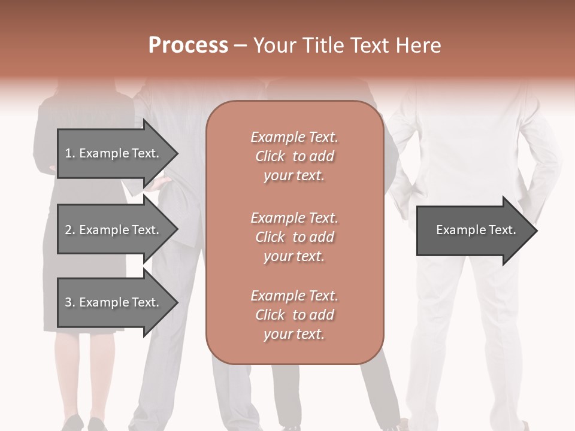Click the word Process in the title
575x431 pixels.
(188, 45)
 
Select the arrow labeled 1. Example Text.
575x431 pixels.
(114, 153)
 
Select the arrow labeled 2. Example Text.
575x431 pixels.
(114, 230)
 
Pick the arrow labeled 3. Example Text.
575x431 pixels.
(114, 302)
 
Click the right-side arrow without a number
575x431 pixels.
(473, 230)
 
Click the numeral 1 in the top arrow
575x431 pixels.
(68, 153)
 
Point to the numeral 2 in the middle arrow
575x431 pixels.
(68, 230)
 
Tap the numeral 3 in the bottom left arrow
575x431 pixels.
(68, 302)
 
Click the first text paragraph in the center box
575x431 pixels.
(294, 156)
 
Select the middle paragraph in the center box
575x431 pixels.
(294, 236)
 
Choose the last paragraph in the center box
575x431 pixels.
(294, 315)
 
